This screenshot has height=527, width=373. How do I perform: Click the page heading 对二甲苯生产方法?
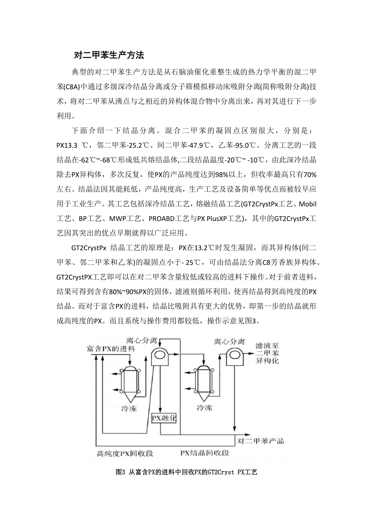[109, 55]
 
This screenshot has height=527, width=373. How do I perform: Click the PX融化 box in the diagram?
[163, 418]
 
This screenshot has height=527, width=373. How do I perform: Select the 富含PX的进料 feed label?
[111, 348]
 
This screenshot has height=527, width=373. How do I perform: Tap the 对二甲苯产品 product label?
[260, 441]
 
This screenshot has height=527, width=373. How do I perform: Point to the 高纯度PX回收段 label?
[125, 453]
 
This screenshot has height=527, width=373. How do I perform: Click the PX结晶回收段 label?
[204, 453]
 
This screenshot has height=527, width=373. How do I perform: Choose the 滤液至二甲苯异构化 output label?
[267, 353]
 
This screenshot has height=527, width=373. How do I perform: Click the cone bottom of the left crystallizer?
[130, 397]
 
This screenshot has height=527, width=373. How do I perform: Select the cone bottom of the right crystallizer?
[204, 397]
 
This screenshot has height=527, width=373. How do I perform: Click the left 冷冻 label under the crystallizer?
[129, 408]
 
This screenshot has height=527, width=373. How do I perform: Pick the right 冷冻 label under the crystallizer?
[204, 408]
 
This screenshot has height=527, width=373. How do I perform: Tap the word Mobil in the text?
[307, 204]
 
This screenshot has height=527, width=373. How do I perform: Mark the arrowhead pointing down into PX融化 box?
[160, 410]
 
